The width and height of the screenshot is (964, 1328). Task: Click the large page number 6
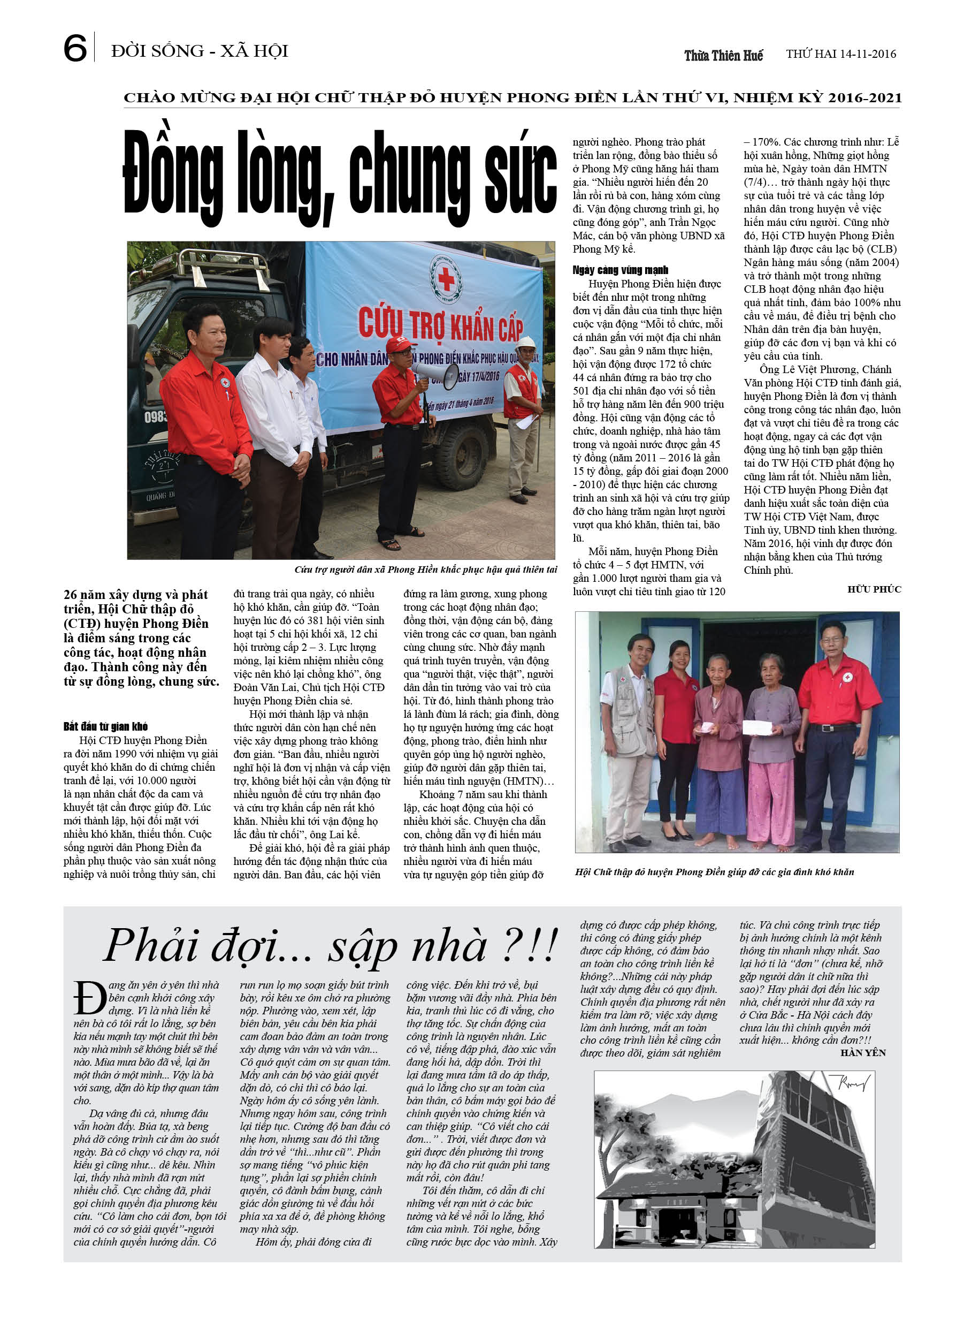[75, 48]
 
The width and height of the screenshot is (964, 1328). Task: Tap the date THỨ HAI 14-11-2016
[840, 54]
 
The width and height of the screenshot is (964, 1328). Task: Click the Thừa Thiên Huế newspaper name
[723, 56]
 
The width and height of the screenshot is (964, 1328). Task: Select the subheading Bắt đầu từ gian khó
[105, 727]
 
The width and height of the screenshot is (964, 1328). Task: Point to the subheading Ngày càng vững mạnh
[620, 270]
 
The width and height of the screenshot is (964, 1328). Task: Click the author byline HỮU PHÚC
[874, 589]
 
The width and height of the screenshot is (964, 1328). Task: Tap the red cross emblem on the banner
[446, 279]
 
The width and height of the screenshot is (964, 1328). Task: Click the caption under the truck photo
[425, 570]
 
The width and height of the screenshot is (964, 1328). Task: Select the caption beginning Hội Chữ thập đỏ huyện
[714, 872]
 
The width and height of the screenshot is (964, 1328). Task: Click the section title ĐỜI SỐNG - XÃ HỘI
[200, 51]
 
